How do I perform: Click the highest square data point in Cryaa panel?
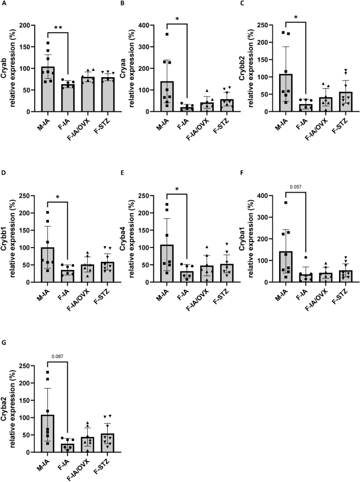tap(182, 35)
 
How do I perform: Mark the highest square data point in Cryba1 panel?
tap(300, 203)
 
